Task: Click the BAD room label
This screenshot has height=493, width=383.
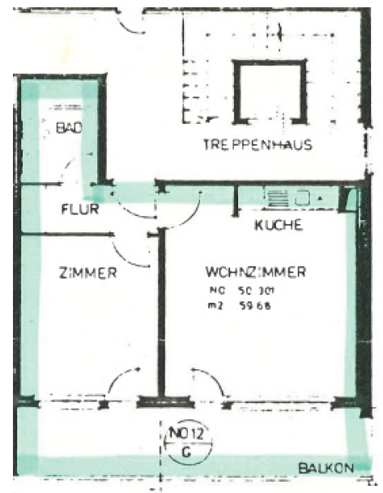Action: (x=68, y=129)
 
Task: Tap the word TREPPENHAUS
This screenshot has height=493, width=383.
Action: (x=257, y=145)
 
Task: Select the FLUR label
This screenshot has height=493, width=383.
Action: (x=79, y=209)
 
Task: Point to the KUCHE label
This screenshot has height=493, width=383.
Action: (x=279, y=225)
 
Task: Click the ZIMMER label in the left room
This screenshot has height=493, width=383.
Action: (x=87, y=273)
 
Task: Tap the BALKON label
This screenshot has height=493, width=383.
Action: (x=326, y=468)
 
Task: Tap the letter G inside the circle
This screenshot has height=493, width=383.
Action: (x=185, y=453)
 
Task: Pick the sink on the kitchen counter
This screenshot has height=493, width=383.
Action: (x=304, y=197)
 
